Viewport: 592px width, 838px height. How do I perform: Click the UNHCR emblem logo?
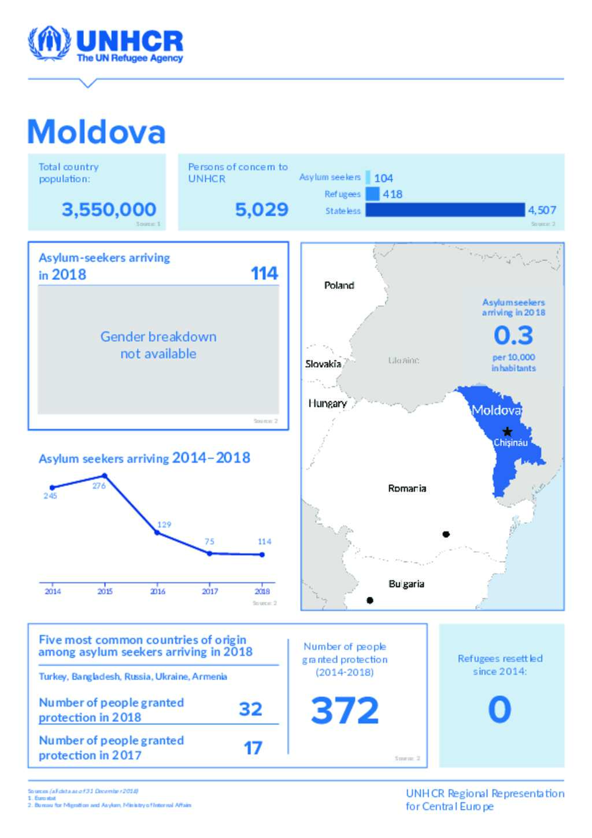pyautogui.click(x=49, y=43)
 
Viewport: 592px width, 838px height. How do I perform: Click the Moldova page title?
pyautogui.click(x=97, y=132)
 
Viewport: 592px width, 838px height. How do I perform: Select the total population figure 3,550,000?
pyautogui.click(x=109, y=209)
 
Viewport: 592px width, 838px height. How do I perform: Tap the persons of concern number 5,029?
pyautogui.click(x=261, y=209)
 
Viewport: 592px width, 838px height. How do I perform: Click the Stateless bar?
pyautogui.click(x=445, y=210)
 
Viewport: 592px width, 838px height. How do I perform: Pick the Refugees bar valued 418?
pyautogui.click(x=373, y=194)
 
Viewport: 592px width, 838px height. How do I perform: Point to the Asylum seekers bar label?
pyautogui.click(x=330, y=177)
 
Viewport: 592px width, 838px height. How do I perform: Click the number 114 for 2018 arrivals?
pyautogui.click(x=264, y=274)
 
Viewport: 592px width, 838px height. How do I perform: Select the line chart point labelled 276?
pyautogui.click(x=105, y=476)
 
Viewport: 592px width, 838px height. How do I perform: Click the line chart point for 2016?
pyautogui.click(x=157, y=532)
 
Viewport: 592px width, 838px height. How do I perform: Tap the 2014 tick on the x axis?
pyautogui.click(x=53, y=591)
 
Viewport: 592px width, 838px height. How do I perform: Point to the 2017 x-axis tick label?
pyautogui.click(x=210, y=591)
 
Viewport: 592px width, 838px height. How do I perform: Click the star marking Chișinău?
pyautogui.click(x=507, y=431)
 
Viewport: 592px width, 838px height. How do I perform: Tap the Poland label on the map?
pyautogui.click(x=339, y=285)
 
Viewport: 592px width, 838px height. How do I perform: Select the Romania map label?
pyautogui.click(x=407, y=488)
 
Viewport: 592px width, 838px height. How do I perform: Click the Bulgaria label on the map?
pyautogui.click(x=406, y=584)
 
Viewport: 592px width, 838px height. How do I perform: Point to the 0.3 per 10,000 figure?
pyautogui.click(x=513, y=335)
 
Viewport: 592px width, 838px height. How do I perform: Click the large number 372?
pyautogui.click(x=345, y=710)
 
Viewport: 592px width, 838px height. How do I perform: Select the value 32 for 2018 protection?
pyautogui.click(x=250, y=709)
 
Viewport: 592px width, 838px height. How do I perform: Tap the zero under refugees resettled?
pyautogui.click(x=499, y=710)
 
